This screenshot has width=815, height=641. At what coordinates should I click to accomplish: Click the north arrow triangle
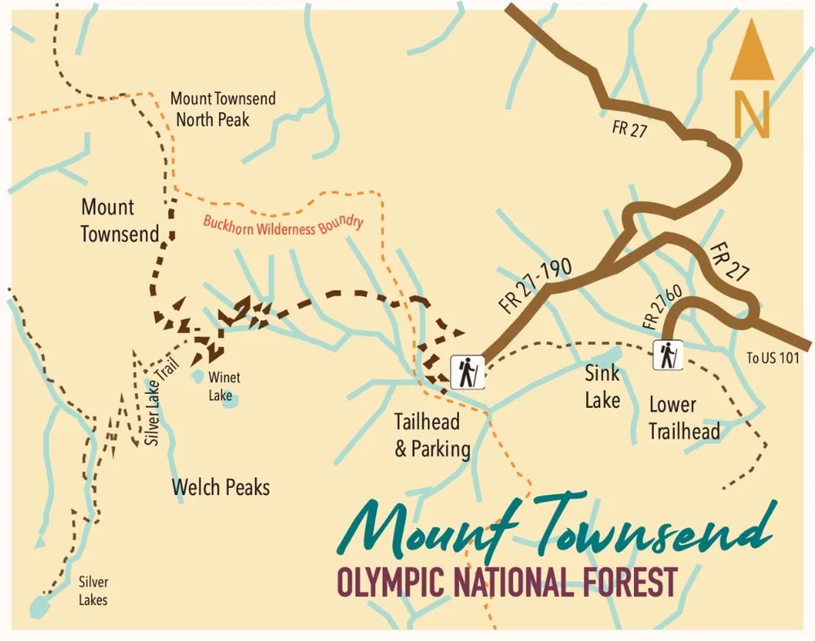(751, 55)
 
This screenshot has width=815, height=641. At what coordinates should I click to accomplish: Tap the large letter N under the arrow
(751, 115)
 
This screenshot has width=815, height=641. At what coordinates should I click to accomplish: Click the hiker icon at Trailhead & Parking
(467, 372)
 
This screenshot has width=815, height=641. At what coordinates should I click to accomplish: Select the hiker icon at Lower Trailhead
(667, 355)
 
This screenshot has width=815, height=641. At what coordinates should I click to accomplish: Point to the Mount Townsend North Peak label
(222, 109)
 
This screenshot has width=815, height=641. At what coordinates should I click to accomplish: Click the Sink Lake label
(602, 387)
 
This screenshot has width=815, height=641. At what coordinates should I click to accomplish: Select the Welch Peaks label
(220, 488)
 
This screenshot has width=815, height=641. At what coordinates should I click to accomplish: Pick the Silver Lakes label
(93, 591)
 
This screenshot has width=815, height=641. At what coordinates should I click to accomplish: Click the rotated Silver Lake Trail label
(160, 403)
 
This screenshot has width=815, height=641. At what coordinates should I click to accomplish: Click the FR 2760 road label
(662, 307)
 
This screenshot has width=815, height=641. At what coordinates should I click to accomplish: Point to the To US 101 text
(773, 357)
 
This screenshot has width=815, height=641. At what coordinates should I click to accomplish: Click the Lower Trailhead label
(684, 418)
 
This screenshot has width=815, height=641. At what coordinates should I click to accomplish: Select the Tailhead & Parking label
(432, 435)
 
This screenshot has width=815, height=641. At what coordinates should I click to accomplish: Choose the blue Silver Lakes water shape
(37, 608)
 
